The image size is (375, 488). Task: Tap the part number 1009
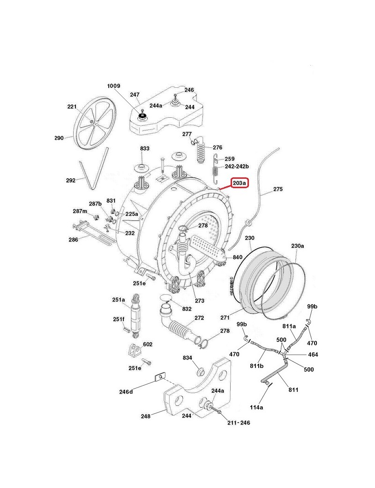click(x=114, y=86)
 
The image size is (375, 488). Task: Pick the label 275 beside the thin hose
click(x=278, y=190)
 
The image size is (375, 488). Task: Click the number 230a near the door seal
click(x=297, y=246)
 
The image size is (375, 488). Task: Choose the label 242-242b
click(x=237, y=167)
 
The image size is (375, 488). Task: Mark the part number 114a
click(x=256, y=407)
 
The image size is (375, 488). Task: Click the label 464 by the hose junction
click(x=312, y=355)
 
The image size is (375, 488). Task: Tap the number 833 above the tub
click(x=144, y=148)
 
